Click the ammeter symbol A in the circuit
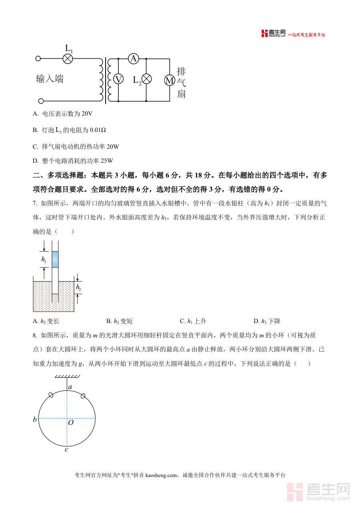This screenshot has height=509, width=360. coord(133,59)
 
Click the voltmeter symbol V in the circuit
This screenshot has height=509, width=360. coord(118,79)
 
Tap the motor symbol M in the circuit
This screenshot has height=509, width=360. coord(170,80)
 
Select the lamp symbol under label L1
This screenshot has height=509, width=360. coord(68,59)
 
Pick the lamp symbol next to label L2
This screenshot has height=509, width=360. coord(147,79)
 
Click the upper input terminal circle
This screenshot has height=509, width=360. coord(38,58)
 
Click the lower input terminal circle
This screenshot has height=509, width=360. coord(40,101)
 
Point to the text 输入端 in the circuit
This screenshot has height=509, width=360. coord(50,79)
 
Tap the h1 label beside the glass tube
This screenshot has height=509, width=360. coord(44,259)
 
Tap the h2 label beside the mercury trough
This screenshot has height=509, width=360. coord(78,287)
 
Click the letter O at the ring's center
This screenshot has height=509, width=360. coord(70,422)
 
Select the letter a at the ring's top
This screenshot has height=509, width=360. coord(70,387)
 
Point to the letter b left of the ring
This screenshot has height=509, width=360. coord(35,419)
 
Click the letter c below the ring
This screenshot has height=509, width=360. coord(66,449)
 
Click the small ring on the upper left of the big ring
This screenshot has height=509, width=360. coord(51,395)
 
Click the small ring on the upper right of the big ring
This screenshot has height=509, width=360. coord(83,395)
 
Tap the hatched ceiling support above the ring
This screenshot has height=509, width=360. coord(67,376)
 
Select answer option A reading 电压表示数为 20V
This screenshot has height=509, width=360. coord(63,114)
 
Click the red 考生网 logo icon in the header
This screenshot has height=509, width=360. coord(264,34)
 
